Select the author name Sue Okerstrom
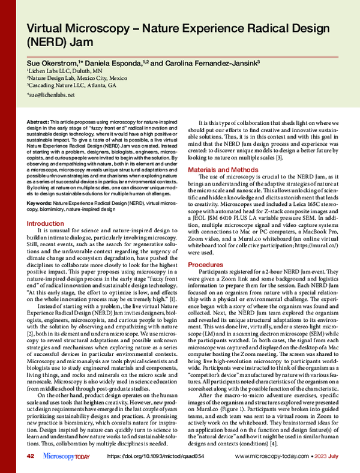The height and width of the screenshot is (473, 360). point(53,63)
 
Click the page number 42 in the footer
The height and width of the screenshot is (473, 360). point(30,457)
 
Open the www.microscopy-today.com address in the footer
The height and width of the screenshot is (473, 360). point(271,457)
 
